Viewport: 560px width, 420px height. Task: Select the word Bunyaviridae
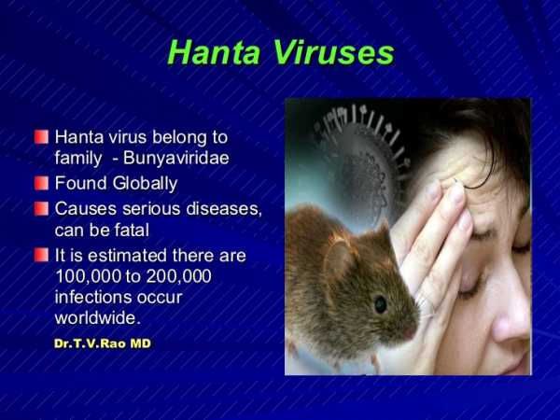pyautogui.click(x=182, y=159)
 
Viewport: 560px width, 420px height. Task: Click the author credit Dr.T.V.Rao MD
pyautogui.click(x=102, y=343)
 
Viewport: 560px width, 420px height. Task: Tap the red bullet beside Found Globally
pyautogui.click(x=41, y=183)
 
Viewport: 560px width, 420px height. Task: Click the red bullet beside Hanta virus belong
pyautogui.click(x=41, y=136)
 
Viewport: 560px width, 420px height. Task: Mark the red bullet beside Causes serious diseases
pyautogui.click(x=41, y=207)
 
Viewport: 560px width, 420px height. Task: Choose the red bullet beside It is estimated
pyautogui.click(x=41, y=254)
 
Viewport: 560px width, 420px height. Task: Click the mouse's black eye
pyautogui.click(x=380, y=304)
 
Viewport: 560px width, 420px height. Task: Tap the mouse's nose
pyautogui.click(x=412, y=331)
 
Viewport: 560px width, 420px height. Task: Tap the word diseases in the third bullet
pyautogui.click(x=219, y=207)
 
